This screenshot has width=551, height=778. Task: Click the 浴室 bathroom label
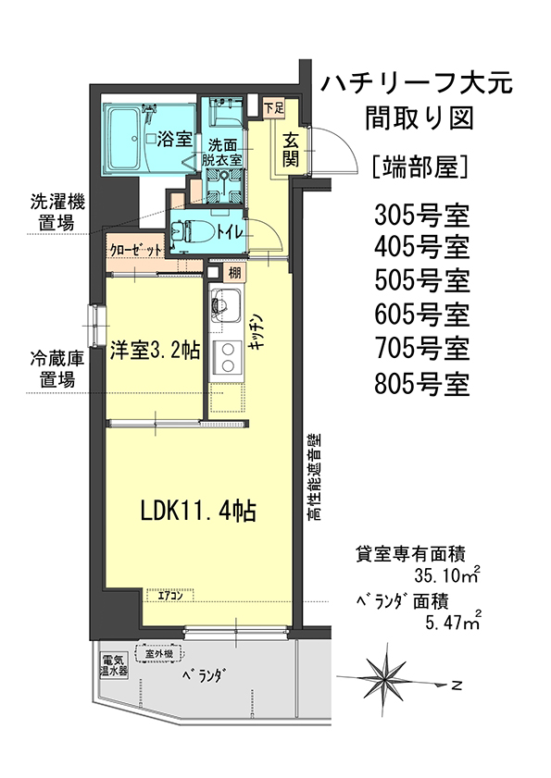[174, 140]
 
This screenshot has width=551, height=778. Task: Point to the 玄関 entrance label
[290, 151]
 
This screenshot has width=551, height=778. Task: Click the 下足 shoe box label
[273, 106]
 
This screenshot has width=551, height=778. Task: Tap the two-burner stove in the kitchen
[227, 357]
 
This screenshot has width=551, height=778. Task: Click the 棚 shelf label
[234, 272]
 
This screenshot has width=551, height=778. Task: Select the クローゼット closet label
[135, 249]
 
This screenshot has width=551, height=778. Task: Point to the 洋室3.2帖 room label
[155, 351]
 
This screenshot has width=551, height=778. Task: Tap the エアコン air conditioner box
[169, 596]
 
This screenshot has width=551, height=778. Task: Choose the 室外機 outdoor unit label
[159, 654]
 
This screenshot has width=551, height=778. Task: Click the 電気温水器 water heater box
[114, 666]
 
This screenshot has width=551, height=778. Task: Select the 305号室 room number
[422, 216]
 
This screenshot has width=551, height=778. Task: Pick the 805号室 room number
[422, 384]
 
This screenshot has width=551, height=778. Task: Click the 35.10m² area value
[447, 575]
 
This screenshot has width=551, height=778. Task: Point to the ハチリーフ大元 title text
[417, 83]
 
